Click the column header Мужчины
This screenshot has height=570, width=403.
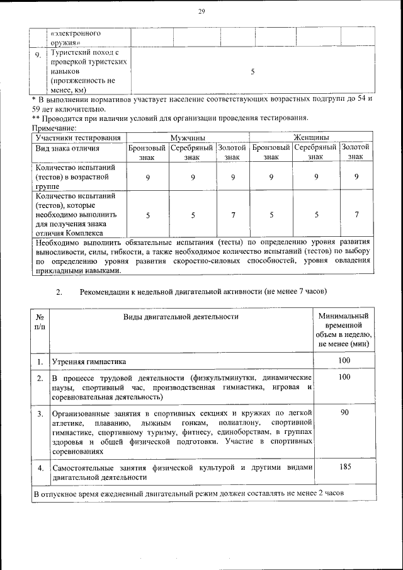tap(187, 137)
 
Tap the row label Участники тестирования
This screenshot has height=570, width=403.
tap(78, 137)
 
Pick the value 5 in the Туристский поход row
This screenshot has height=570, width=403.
tap(252, 72)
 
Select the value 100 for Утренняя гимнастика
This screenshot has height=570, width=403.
tap(344, 360)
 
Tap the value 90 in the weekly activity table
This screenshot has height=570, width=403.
tap(344, 412)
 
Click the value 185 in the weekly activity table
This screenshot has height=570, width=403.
tap(344, 467)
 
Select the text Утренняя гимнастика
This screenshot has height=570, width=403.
tap(89, 362)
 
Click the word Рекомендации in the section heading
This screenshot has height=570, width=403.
tap(108, 292)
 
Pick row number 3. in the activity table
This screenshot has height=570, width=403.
tap(40, 414)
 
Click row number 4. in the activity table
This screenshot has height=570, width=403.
tap(40, 469)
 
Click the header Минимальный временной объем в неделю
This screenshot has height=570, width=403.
tap(344, 330)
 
